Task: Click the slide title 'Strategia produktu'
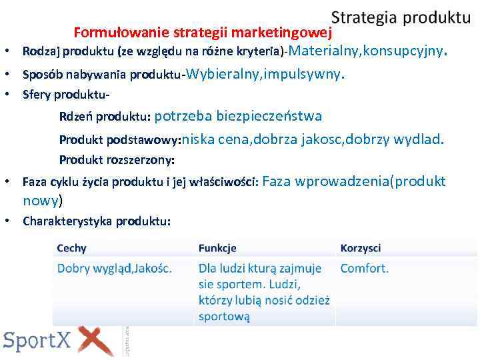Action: pyautogui.click(x=401, y=17)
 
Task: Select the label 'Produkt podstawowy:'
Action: pyautogui.click(x=119, y=141)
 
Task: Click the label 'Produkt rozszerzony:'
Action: pyautogui.click(x=117, y=160)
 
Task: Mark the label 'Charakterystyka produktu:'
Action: pyautogui.click(x=96, y=221)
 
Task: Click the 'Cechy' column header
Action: pyautogui.click(x=71, y=248)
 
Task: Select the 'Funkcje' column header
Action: pyautogui.click(x=217, y=248)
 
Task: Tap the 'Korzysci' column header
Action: pyautogui.click(x=360, y=248)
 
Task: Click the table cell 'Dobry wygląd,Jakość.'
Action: pyautogui.click(x=115, y=269)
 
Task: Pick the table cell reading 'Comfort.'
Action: pyautogui.click(x=364, y=269)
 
